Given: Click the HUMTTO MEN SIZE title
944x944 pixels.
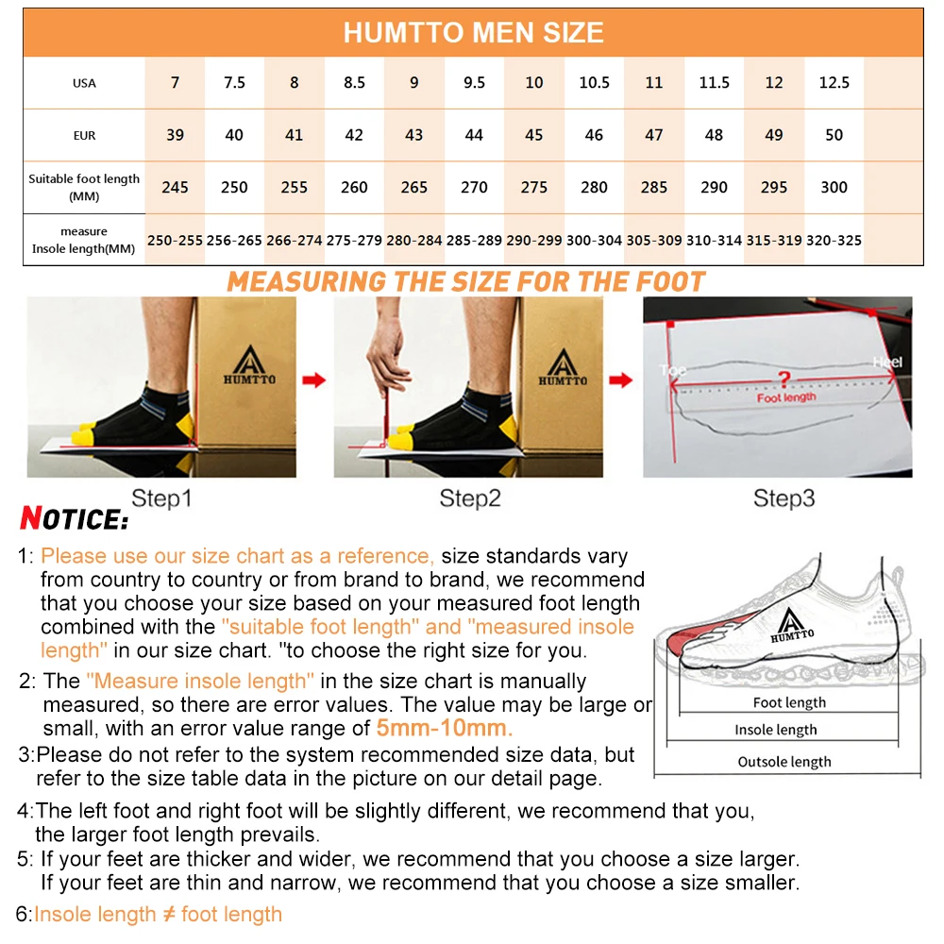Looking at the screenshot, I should [473, 33].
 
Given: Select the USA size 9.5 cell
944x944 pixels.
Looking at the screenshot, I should [474, 83].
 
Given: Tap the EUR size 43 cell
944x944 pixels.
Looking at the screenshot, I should [414, 135].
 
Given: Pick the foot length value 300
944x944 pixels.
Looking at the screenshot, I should [834, 187].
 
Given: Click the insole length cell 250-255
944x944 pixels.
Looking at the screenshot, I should [175, 241].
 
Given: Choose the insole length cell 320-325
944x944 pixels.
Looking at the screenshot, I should [834, 241].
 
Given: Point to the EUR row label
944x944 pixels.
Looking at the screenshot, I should [84, 136].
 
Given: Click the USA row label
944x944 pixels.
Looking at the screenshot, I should [84, 83].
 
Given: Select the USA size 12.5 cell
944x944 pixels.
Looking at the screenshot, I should [834, 83].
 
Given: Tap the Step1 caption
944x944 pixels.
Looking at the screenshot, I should [161, 498].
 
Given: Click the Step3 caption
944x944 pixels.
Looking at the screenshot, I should [784, 498].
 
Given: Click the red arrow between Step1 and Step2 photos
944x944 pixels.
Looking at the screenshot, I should [313, 379].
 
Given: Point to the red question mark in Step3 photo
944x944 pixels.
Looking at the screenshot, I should [783, 379].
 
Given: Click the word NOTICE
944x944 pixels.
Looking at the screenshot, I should [74, 519].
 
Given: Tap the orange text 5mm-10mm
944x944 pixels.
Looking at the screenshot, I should [445, 728].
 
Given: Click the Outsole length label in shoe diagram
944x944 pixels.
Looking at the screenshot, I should [784, 762].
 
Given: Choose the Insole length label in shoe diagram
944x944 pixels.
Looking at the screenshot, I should [776, 730].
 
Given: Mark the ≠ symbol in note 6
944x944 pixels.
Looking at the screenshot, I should [168, 914].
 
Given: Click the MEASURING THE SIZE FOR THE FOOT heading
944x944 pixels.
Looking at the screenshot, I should [466, 281].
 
